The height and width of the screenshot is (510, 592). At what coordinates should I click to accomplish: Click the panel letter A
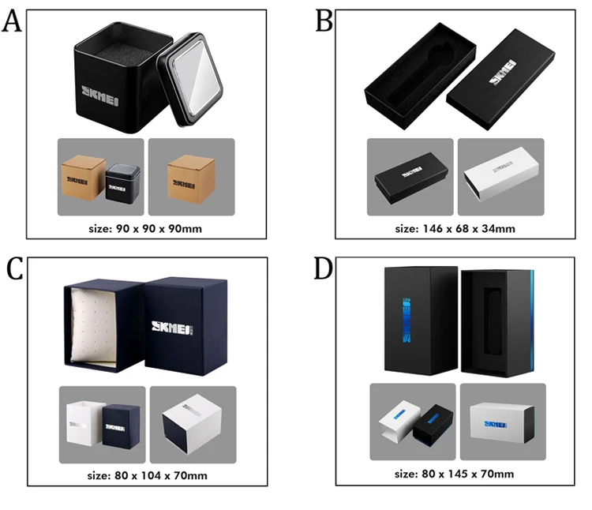click(x=12, y=21)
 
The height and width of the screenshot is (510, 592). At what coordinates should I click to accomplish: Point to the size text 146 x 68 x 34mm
click(x=455, y=229)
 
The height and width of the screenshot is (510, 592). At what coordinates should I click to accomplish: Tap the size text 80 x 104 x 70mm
click(x=148, y=476)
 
